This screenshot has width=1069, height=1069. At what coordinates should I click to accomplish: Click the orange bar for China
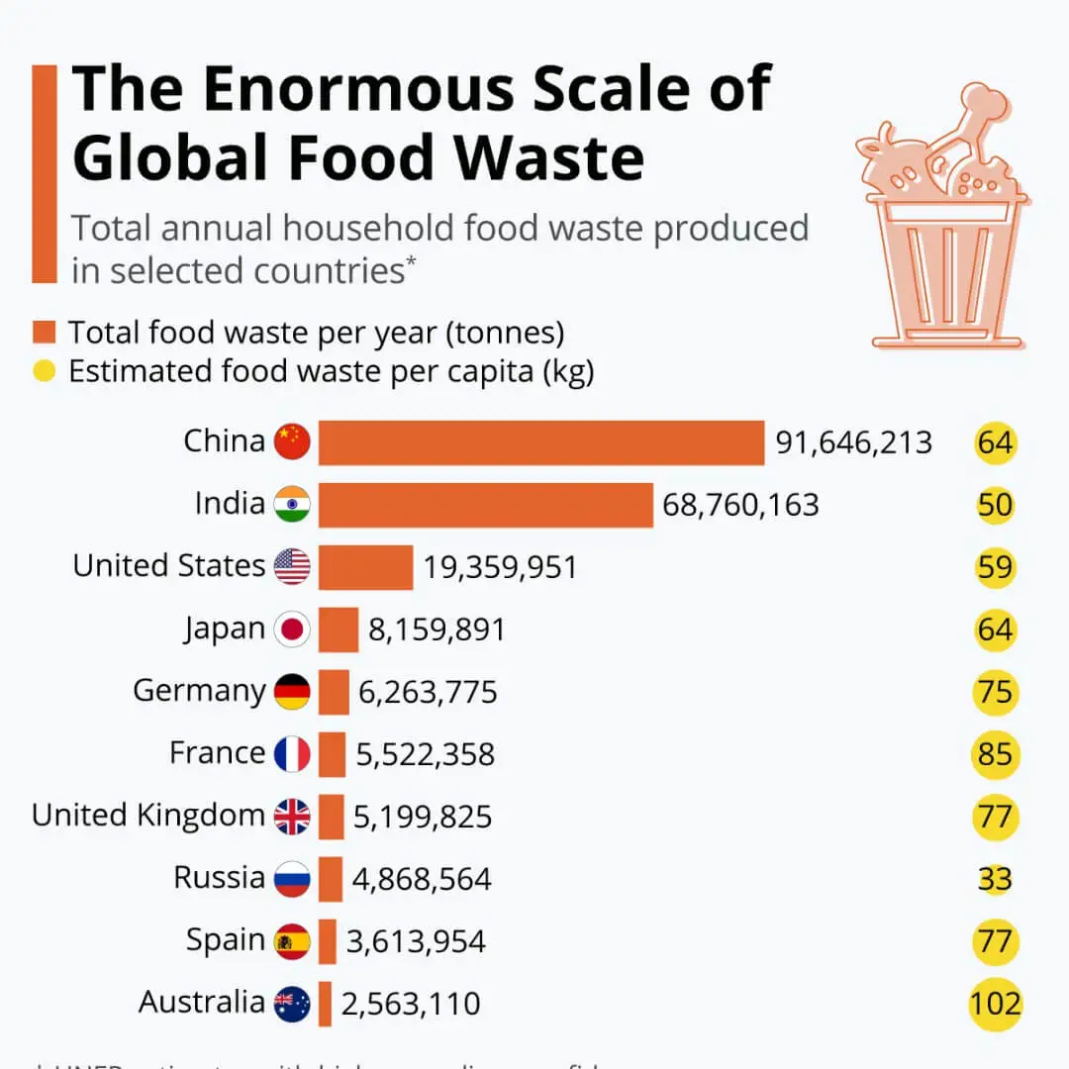[540, 441]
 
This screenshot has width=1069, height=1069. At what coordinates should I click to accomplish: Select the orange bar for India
[485, 504]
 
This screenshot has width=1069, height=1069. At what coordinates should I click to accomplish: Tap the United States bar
[365, 567]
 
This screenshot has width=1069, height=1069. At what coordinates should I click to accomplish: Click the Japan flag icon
[292, 630]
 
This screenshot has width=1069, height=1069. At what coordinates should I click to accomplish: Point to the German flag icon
[292, 691]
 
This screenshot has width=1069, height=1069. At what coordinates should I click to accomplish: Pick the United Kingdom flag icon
[292, 817]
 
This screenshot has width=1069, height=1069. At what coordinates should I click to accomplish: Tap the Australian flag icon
[292, 1004]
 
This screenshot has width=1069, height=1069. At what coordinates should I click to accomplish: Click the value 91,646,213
[853, 442]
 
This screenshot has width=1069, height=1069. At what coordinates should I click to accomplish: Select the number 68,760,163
[740, 505]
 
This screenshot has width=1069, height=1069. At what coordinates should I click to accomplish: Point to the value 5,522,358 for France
[425, 755]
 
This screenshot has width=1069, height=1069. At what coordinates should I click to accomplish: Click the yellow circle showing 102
[995, 1004]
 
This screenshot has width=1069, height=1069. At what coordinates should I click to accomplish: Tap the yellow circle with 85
[995, 754]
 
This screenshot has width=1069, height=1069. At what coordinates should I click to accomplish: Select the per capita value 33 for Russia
[995, 879]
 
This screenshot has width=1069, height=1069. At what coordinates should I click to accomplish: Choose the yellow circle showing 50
[995, 505]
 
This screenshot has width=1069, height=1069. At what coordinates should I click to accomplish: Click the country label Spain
[226, 940]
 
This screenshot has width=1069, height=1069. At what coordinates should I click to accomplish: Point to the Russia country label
[219, 878]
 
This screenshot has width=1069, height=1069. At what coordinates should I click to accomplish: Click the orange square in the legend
[45, 331]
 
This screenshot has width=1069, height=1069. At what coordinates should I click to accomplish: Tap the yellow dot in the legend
[45, 373]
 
